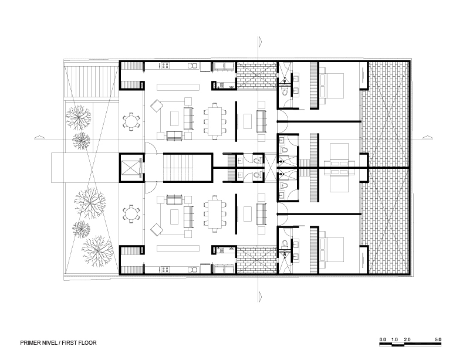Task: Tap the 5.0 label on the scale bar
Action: pyautogui.click(x=438, y=339)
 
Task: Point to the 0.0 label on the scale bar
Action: pyautogui.click(x=383, y=339)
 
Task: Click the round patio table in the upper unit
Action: pyautogui.click(x=130, y=121)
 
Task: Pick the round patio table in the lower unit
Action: pyautogui.click(x=130, y=213)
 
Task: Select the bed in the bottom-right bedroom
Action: pyautogui.click(x=332, y=251)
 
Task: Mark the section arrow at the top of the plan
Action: pyautogui.click(x=258, y=41)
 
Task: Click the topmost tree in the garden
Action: pyautogui.click(x=77, y=117)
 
